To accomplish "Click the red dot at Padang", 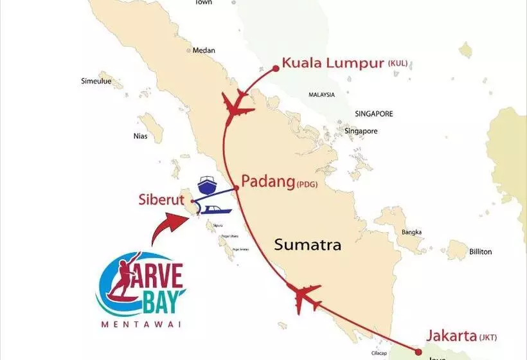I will tap(236, 188).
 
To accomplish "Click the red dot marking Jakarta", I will tap(418, 352).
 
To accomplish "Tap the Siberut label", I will tap(158, 199).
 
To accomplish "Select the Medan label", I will tap(204, 51).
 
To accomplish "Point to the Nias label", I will tap(141, 136).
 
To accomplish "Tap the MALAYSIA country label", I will tap(321, 94).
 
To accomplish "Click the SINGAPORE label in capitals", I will tap(373, 114).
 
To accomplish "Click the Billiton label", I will tap(479, 251).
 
